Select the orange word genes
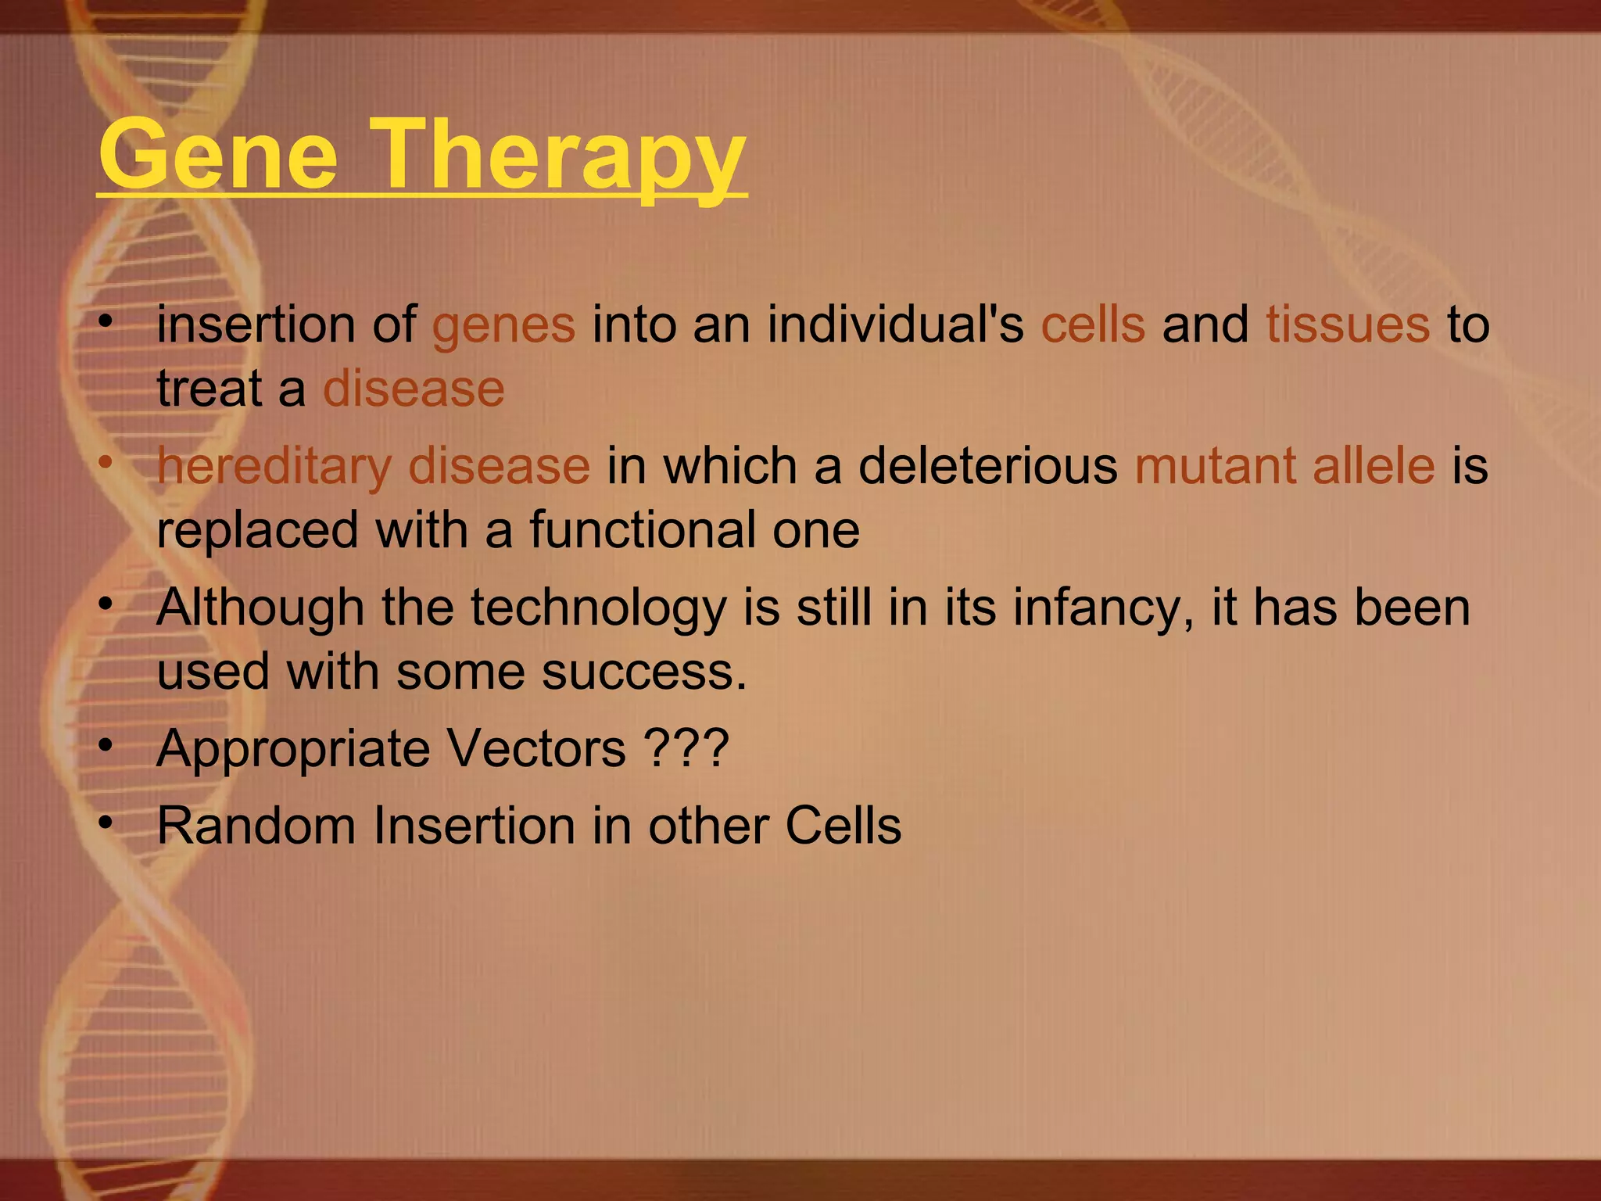point(503,324)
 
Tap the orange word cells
point(1093,324)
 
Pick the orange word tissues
point(1348,324)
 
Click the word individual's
point(895,324)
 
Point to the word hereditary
point(274,467)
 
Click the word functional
point(642,530)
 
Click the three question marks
point(686,749)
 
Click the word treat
point(209,389)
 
